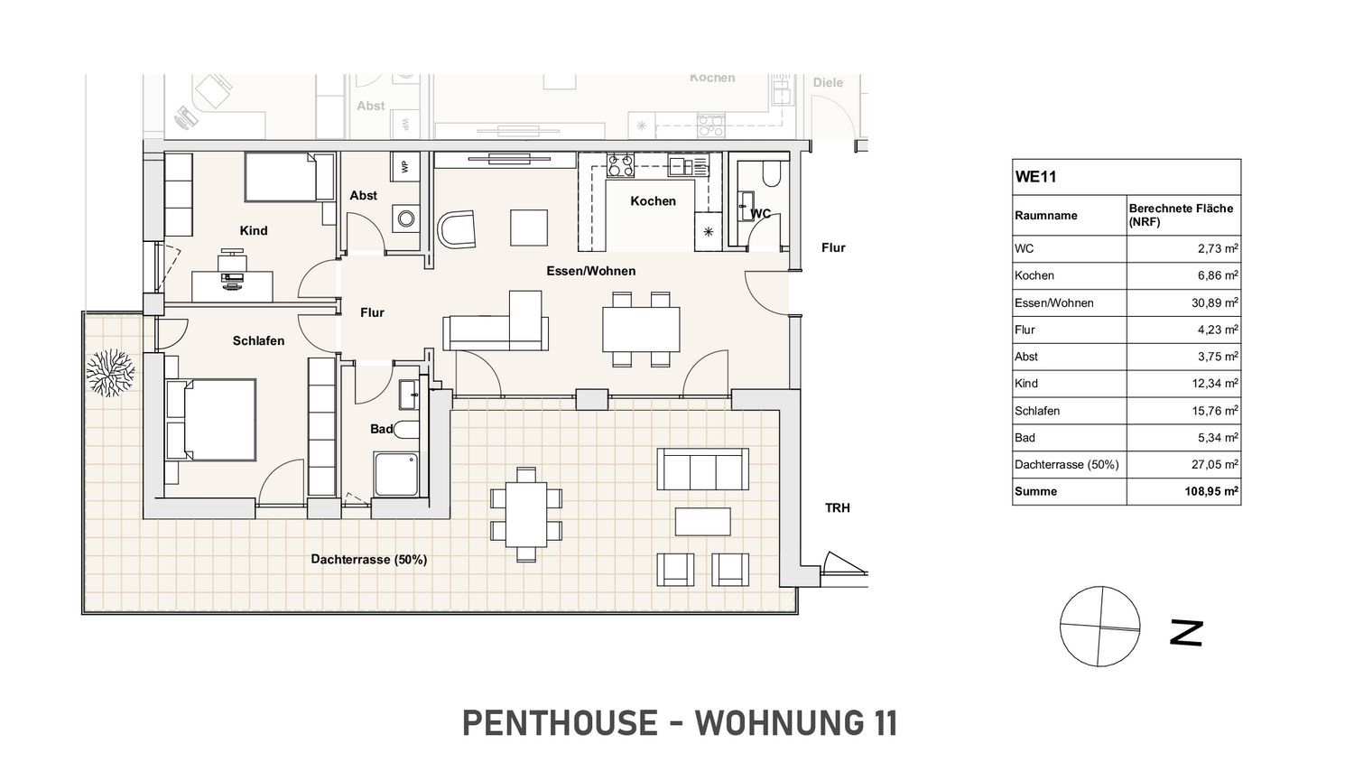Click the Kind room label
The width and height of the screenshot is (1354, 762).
[254, 230]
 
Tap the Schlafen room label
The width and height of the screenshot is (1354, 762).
[258, 341]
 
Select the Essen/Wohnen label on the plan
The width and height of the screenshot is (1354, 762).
[590, 271]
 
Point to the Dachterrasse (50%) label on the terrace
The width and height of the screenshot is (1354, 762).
[368, 560]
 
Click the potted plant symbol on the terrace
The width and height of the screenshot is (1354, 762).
[110, 373]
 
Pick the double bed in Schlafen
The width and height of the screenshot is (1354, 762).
[211, 421]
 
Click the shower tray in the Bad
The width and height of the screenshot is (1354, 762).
[396, 474]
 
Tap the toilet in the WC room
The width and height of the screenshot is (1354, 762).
[771, 172]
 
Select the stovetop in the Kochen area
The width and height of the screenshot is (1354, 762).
[621, 166]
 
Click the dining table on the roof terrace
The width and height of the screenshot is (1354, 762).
[526, 515]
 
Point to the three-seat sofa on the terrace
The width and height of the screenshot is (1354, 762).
[702, 469]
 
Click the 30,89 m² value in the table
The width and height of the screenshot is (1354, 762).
[1215, 302]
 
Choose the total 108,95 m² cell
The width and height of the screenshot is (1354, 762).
[1211, 491]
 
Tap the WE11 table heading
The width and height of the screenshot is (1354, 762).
[1035, 177]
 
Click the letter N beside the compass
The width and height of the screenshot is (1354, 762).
[1186, 633]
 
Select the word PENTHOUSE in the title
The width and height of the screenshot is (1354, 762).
[560, 722]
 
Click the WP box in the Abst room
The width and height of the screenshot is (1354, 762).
[404, 164]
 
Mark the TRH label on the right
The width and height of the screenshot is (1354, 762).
[837, 508]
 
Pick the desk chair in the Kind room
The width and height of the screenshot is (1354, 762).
[232, 261]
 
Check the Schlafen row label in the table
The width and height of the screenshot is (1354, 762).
[1037, 411]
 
